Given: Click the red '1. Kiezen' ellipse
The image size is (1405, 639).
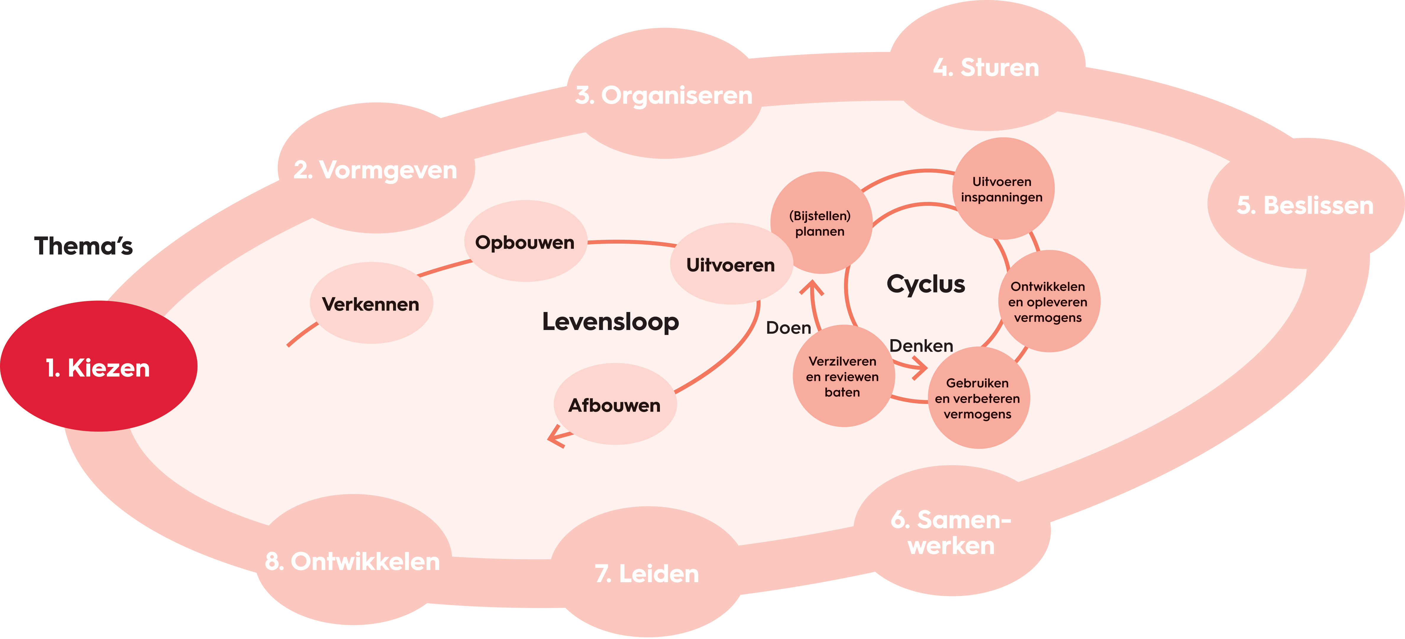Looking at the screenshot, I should click(98, 366).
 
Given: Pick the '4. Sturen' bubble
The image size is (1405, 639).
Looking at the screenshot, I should click(986, 67).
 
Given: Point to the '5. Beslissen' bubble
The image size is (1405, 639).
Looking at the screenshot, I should click(1305, 205).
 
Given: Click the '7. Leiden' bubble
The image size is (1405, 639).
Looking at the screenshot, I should click(647, 574).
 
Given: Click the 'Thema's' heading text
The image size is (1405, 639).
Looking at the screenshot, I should click(83, 246).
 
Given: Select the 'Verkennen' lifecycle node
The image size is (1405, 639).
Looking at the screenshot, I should click(371, 304).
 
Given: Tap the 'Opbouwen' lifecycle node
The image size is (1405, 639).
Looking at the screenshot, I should click(525, 242).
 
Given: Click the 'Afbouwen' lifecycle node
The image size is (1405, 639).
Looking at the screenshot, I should click(615, 405).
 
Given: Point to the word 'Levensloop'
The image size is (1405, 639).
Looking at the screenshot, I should click(610, 322).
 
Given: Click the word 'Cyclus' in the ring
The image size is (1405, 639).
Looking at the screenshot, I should click(926, 284).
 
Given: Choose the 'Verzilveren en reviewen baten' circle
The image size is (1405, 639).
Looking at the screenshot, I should click(843, 376).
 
